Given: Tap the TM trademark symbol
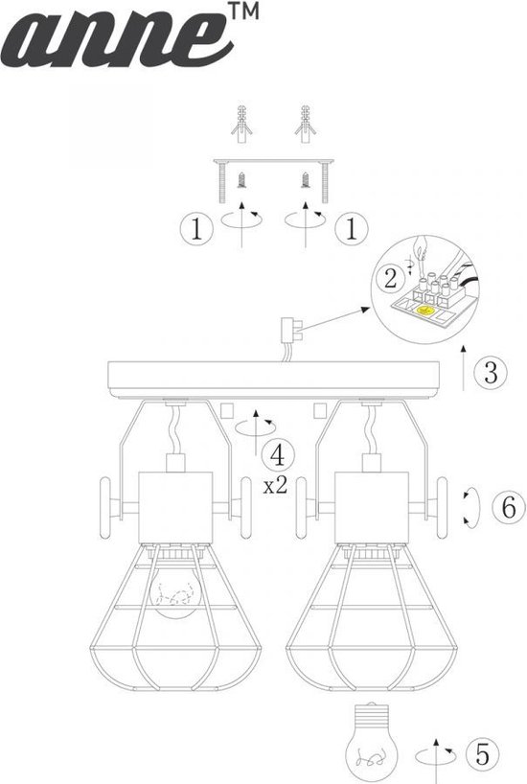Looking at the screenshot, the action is (x=243, y=11).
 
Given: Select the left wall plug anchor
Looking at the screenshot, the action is (x=242, y=125).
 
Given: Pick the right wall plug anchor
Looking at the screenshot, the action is (x=305, y=125).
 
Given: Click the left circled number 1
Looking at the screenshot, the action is (x=196, y=228).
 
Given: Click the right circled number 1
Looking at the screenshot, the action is (x=351, y=228).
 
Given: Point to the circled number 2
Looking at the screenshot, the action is (x=391, y=279).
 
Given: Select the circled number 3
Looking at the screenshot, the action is (x=491, y=373).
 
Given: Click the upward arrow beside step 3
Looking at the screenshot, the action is (x=464, y=367).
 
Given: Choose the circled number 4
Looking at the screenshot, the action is (x=277, y=455).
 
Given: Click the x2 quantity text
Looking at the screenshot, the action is (x=276, y=486).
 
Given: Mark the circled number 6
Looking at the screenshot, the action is (x=509, y=508).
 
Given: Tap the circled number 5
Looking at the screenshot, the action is (x=482, y=753).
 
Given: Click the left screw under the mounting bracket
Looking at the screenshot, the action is (x=242, y=180).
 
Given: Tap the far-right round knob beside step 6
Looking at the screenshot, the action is (x=442, y=508).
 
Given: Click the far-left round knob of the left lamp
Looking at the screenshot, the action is (x=105, y=508).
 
